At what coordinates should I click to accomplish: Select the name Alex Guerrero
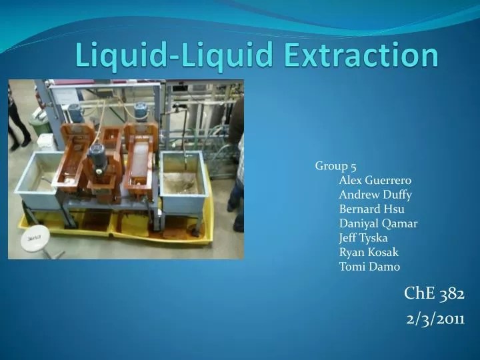coord(375,180)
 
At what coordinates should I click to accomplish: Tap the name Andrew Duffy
coord(375,195)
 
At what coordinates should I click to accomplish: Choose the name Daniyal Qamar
coord(378,223)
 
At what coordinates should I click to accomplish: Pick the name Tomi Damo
coord(369,267)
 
